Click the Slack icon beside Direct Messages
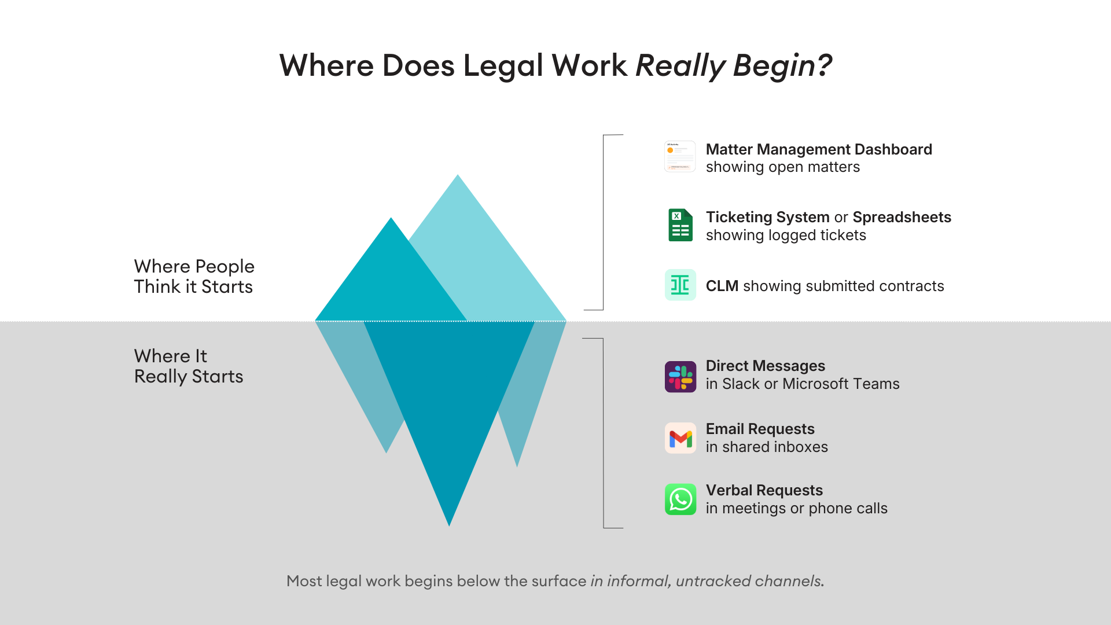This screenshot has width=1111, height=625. tap(680, 377)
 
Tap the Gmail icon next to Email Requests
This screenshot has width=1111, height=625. tap(680, 438)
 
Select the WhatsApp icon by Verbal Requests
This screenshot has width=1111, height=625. tap(680, 499)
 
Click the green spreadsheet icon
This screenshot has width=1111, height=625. tap(680, 225)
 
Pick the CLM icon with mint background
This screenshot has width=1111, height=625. tap(680, 285)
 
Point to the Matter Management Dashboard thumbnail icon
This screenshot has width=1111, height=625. tap(680, 157)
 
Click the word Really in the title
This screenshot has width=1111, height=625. tap(680, 65)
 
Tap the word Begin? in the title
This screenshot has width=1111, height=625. tap(782, 65)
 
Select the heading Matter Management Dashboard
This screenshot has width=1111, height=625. tap(819, 149)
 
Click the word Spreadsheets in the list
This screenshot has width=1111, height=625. tap(902, 217)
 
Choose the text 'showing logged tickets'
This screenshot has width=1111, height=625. tap(786, 235)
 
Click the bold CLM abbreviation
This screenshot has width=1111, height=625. tap(722, 286)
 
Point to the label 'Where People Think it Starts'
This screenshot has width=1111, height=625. tap(194, 277)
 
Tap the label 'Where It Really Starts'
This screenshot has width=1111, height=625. tap(189, 366)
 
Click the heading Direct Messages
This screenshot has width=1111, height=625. tap(765, 366)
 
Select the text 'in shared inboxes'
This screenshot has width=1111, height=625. tap(767, 447)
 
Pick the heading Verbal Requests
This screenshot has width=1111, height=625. tap(764, 490)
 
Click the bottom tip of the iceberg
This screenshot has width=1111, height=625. tap(449, 523)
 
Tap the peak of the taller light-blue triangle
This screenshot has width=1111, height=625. tap(458, 178)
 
